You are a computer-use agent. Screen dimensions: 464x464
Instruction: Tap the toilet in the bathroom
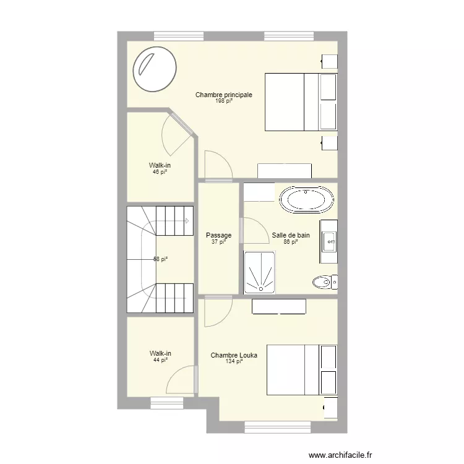(x=324, y=283)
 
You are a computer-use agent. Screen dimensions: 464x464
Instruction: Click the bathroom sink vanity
(x=328, y=236)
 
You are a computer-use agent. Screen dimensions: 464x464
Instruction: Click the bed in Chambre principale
(x=301, y=101)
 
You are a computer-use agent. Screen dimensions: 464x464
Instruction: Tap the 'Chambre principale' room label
(x=223, y=95)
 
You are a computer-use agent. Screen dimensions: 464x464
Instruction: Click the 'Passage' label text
(x=218, y=235)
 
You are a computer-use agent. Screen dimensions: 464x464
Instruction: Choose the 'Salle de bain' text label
(x=290, y=235)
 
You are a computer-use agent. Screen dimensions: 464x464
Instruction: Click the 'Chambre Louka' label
(x=234, y=355)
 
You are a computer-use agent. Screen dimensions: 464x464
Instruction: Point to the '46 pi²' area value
(x=160, y=172)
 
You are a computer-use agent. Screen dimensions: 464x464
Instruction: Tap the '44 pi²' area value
(x=160, y=359)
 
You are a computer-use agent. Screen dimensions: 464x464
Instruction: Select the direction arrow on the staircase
(x=186, y=221)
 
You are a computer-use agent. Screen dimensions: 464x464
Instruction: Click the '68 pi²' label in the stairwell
(x=160, y=259)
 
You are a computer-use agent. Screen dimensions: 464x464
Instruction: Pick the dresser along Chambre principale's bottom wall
(x=284, y=171)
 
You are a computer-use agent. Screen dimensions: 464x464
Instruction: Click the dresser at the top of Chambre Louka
(x=279, y=306)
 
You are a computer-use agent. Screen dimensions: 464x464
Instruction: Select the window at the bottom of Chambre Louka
(x=277, y=426)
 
